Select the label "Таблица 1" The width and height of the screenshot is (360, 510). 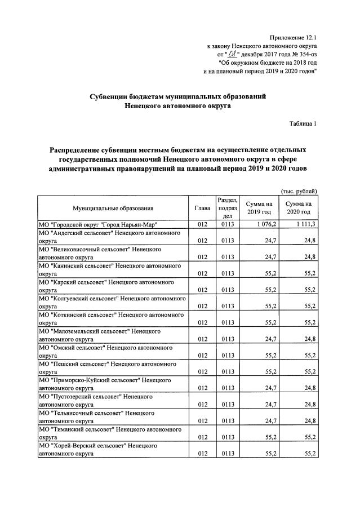pyautogui.click(x=303, y=124)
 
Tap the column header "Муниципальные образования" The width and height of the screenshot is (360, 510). pyautogui.click(x=112, y=208)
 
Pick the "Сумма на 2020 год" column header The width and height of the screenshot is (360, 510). pyautogui.click(x=299, y=208)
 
